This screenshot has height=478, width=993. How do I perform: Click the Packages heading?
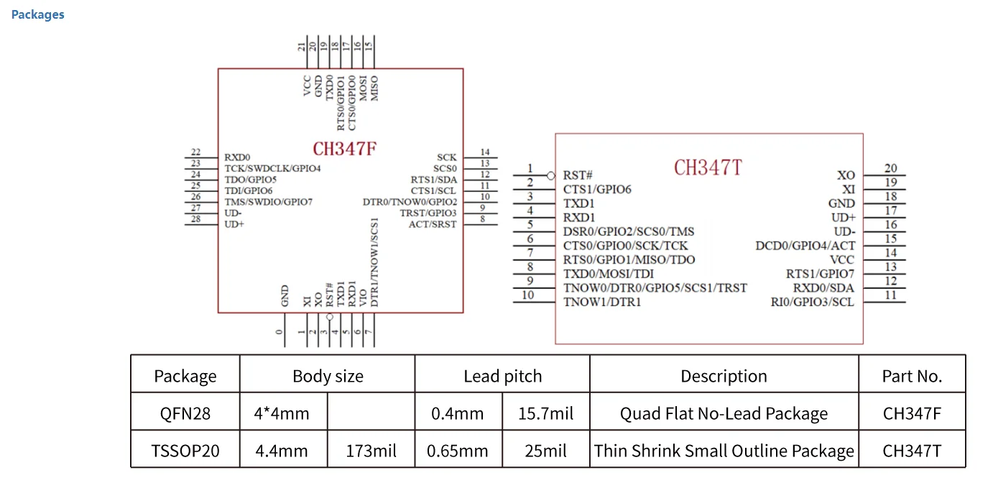pos(37,14)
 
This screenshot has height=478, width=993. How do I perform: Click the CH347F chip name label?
pos(345,149)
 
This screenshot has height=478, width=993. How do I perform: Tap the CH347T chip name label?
pos(708,167)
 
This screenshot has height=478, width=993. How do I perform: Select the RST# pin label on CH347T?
pos(578,175)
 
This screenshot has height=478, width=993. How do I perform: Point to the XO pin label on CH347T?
pos(846,175)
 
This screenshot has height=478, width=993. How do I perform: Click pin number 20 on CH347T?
pos(890,169)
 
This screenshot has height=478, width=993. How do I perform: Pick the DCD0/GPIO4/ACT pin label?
pos(805,246)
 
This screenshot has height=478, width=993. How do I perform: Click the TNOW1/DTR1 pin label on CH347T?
pos(602,302)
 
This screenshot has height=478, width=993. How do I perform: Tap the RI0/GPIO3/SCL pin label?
pos(813,302)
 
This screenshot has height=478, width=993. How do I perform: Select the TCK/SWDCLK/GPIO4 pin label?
pos(272,168)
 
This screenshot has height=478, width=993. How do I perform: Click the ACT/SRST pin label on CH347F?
pos(433,224)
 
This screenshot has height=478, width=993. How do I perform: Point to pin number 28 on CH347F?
pos(195,219)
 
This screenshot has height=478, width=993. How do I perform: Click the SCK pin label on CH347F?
pos(446,157)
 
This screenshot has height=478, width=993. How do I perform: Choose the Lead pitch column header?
pos(502,376)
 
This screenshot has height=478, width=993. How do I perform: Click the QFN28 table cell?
pos(185,413)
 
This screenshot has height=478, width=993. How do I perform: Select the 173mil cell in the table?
pos(371,451)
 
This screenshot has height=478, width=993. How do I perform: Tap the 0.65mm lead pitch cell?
pos(457,451)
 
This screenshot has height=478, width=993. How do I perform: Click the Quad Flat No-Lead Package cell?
pos(724,413)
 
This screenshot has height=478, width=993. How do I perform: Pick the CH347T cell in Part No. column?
pos(912,451)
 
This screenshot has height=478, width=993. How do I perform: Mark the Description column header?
pos(724,376)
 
